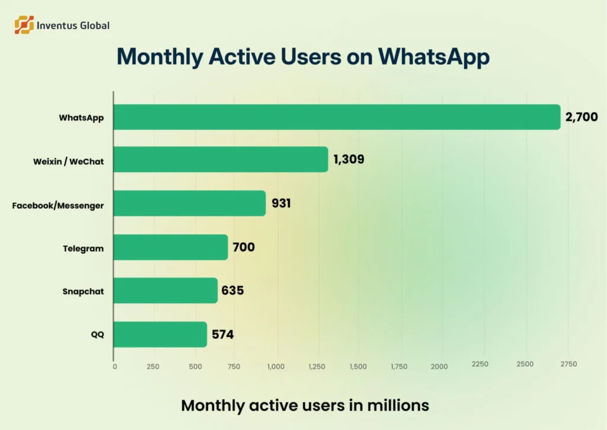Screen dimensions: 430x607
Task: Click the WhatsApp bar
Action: [x=336, y=117]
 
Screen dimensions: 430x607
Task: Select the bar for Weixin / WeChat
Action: [x=220, y=160]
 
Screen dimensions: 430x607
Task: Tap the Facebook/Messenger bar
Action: [x=189, y=203]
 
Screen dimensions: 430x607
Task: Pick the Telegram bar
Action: [x=170, y=247]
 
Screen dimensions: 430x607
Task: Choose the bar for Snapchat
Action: [x=165, y=291]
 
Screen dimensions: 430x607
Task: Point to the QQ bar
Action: [x=159, y=335]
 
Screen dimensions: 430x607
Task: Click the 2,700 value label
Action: [x=581, y=117]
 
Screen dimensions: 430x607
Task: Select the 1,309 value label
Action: [x=349, y=160]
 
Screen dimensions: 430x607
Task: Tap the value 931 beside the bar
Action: [x=281, y=203]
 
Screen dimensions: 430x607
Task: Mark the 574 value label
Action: [x=223, y=335]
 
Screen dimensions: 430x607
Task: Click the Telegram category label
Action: [x=84, y=249]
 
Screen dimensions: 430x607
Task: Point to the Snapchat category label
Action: [x=83, y=291]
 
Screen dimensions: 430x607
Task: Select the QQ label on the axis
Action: [x=97, y=335]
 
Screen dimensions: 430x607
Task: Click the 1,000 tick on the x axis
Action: [x=276, y=367]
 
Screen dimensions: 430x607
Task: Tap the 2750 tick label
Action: [x=567, y=364]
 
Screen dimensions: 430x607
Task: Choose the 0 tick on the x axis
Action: [x=114, y=367]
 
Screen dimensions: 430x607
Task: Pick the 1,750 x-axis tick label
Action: [x=399, y=367]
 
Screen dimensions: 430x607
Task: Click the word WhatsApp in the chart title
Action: [x=434, y=56]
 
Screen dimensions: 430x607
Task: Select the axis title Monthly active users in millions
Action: [x=305, y=406]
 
